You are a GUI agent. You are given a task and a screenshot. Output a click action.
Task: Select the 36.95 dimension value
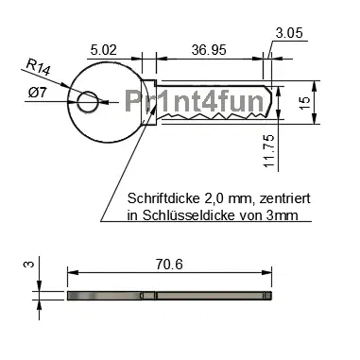point(207,48)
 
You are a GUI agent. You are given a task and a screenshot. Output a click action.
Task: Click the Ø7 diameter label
point(39,92)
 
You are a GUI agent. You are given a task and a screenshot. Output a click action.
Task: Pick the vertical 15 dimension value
point(331,101)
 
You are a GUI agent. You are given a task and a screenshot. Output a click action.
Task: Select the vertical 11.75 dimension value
point(269,150)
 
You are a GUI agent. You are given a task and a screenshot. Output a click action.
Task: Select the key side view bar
point(170,297)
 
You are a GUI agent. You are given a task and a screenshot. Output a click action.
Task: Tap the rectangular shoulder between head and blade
point(148,102)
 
